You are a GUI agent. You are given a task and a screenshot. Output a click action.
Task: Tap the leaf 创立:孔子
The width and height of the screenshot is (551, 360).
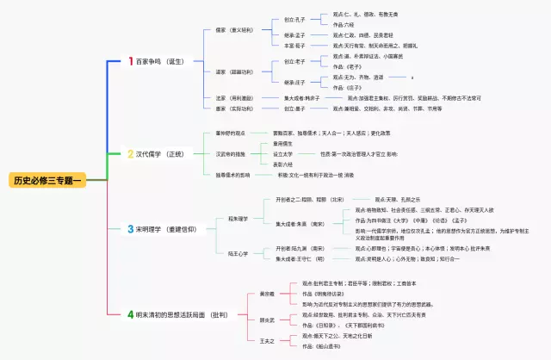click(x=295, y=19)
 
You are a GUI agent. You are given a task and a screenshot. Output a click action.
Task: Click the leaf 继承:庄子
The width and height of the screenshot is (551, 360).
click(x=295, y=82)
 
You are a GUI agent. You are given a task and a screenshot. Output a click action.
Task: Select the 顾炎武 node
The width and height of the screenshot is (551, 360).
click(x=255, y=319)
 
